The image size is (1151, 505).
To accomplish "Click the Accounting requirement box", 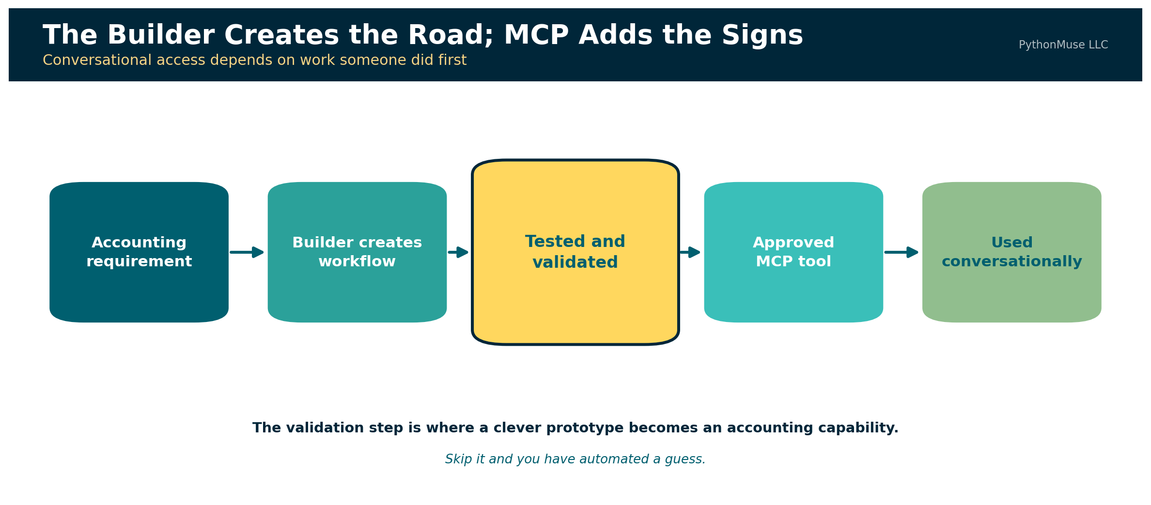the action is click(x=139, y=252).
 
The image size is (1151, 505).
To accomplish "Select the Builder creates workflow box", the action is click(x=357, y=252).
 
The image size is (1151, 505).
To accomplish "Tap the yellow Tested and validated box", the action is click(x=575, y=252).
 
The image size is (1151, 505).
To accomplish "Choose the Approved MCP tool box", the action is click(x=793, y=252).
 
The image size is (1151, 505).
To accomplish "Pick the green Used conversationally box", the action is click(x=1012, y=252).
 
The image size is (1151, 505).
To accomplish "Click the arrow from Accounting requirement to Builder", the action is click(x=247, y=252).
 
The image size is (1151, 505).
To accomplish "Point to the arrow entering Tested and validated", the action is click(x=458, y=252).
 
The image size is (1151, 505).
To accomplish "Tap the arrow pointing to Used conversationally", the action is click(x=902, y=252).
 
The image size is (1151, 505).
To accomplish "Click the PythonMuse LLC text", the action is click(x=1063, y=45).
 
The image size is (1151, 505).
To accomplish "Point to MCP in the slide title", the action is click(x=536, y=36).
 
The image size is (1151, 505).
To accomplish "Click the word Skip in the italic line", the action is click(x=459, y=459).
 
